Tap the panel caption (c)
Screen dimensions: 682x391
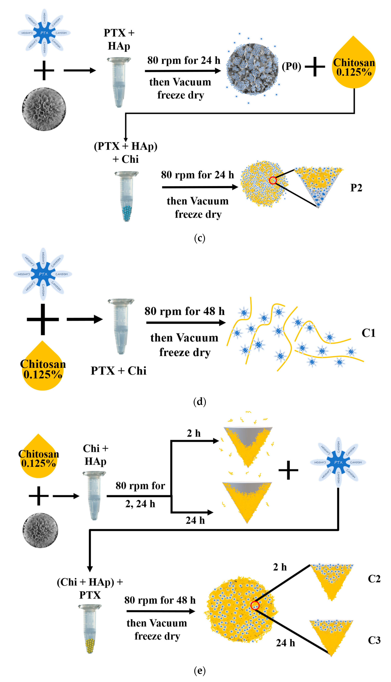[200, 238]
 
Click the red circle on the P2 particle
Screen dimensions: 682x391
[273, 180]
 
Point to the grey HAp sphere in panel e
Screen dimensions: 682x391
[40, 530]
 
